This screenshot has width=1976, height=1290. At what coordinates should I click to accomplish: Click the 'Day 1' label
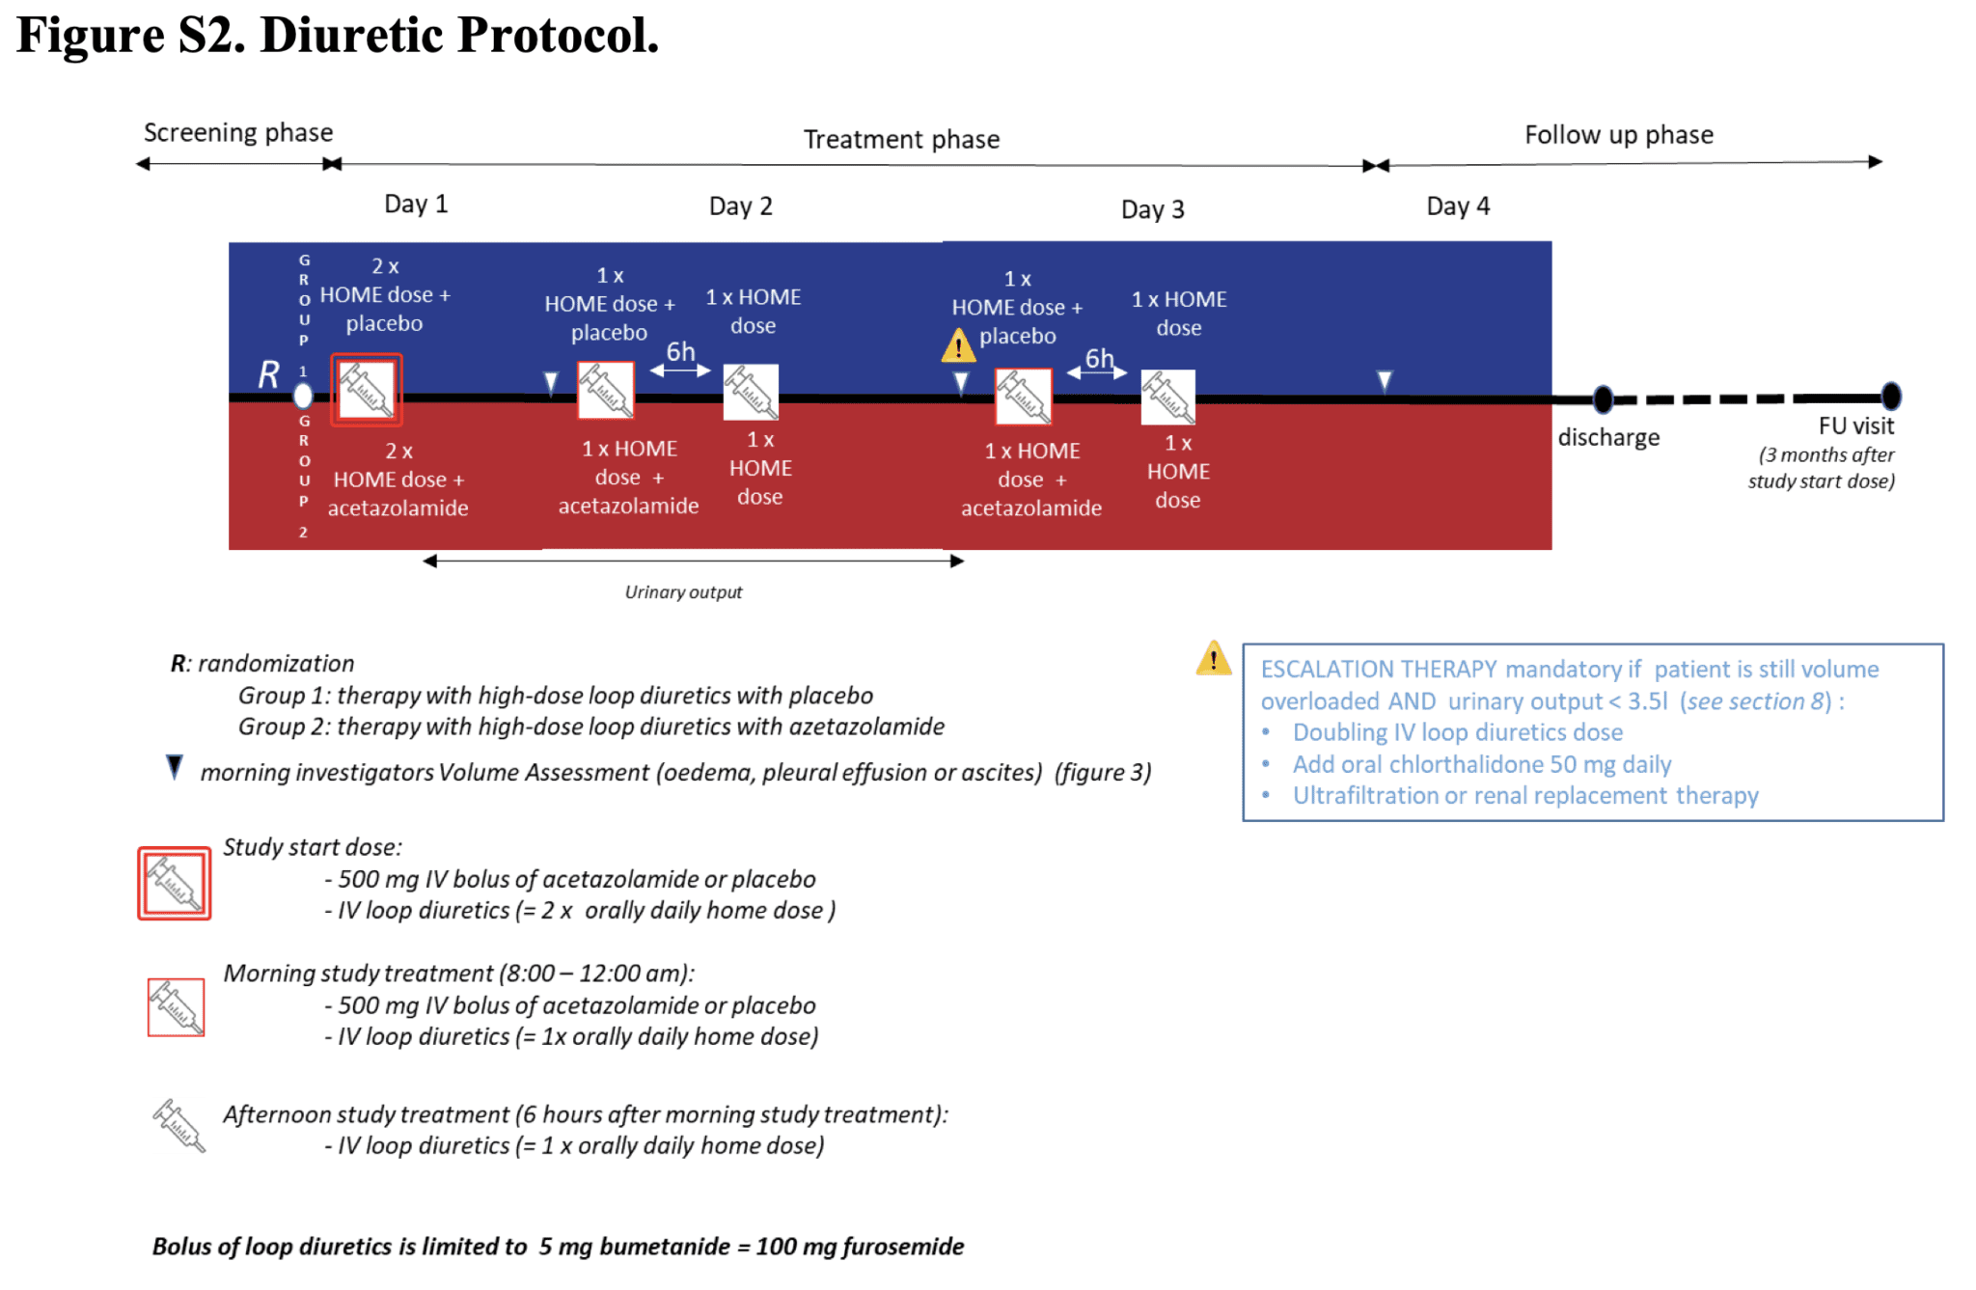click(x=416, y=204)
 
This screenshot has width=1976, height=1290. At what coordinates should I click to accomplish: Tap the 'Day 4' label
click(x=1457, y=206)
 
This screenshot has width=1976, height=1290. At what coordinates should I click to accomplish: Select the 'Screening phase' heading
click(x=238, y=132)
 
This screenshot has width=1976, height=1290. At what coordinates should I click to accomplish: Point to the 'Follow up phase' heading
click(x=1618, y=134)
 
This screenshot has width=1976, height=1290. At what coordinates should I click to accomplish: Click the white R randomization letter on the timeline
click(x=269, y=374)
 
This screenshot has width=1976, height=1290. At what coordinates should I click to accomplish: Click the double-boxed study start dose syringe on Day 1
click(x=367, y=390)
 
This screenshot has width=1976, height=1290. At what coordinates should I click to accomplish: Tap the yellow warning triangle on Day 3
click(x=957, y=345)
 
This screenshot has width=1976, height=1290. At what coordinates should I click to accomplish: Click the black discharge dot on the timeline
click(x=1603, y=398)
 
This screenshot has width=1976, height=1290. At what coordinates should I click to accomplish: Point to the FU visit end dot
click(x=1891, y=396)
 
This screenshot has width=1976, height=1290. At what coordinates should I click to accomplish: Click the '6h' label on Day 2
click(x=680, y=351)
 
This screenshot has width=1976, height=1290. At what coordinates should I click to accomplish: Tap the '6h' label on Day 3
click(x=1099, y=358)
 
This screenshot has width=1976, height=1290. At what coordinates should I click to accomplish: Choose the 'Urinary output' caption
click(x=683, y=591)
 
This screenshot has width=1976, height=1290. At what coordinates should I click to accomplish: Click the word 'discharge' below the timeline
click(x=1608, y=437)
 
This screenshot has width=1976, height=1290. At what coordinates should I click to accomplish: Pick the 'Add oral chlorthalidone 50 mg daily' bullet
click(x=1481, y=764)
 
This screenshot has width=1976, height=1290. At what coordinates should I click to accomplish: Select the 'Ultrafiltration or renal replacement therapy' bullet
click(x=1524, y=795)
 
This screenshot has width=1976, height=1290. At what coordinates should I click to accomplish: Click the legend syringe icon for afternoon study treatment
click(x=178, y=1125)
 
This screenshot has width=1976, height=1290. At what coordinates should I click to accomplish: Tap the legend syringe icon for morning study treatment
click(x=176, y=1006)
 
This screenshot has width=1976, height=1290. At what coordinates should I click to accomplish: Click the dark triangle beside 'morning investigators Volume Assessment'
click(x=175, y=767)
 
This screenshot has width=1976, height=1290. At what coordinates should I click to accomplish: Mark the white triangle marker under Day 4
click(x=1384, y=381)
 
